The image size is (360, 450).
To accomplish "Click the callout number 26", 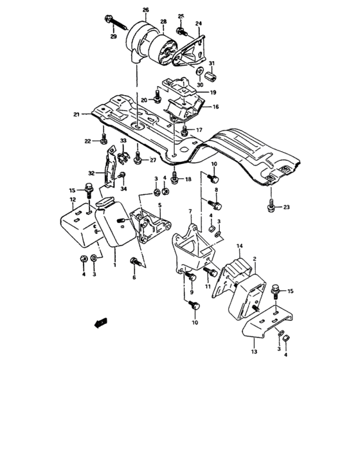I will [145, 10].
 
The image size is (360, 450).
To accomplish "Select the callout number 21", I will [76, 114].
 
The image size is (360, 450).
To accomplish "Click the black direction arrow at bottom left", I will [100, 322].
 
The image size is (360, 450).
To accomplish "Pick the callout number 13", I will [254, 352].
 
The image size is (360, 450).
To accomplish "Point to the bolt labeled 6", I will [135, 262].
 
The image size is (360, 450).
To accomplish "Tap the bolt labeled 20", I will [157, 100].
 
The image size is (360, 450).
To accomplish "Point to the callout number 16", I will [216, 107].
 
